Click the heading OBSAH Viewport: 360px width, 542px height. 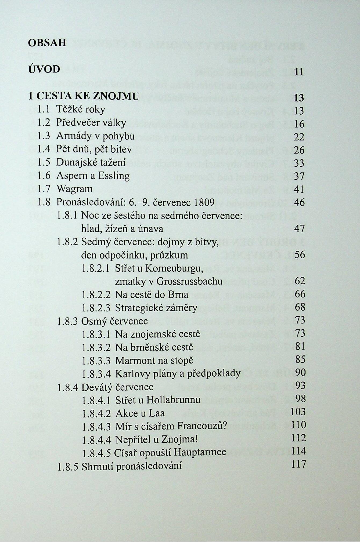[x=47, y=43]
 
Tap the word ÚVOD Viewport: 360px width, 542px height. [x=44, y=69]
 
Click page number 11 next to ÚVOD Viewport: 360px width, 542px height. [x=299, y=72]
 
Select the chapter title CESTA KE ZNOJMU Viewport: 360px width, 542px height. [x=87, y=96]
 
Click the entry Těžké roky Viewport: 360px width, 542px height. [x=81, y=109]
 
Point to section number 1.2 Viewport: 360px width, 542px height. [x=44, y=123]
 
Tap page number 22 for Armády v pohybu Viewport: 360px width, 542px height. [x=299, y=137]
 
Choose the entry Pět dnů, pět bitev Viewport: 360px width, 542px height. [x=94, y=149]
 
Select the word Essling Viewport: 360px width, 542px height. [x=114, y=176]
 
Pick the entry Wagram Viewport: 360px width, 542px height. [x=74, y=189]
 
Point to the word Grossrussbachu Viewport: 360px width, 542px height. [x=189, y=281]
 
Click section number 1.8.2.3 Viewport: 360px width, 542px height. [x=96, y=308]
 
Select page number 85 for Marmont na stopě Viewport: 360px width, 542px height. [x=300, y=359]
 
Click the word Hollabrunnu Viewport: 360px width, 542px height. [x=173, y=400]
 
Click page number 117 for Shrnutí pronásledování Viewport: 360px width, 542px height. [x=298, y=464]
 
